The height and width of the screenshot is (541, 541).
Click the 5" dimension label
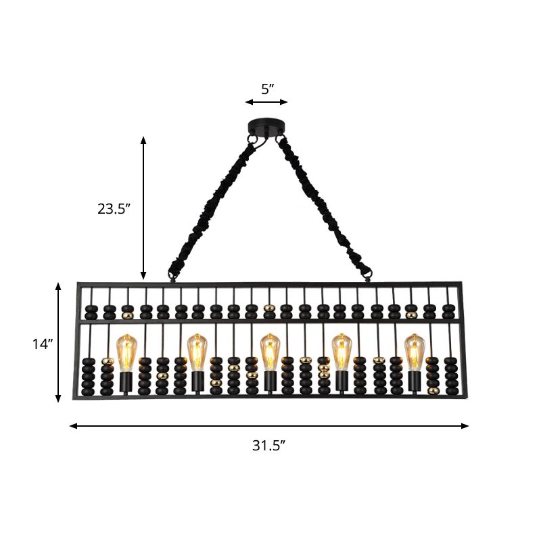(266, 88)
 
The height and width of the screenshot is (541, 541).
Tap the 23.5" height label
(113, 209)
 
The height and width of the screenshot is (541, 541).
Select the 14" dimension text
(42, 344)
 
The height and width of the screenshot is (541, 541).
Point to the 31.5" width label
(268, 445)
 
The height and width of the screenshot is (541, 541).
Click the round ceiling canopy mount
(266, 126)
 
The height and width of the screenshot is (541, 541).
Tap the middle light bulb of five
(270, 352)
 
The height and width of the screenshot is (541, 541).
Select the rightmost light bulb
(414, 352)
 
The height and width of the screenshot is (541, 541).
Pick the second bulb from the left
(197, 352)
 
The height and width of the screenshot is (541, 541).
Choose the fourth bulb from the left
(342, 352)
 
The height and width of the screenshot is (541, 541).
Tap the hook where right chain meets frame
(368, 275)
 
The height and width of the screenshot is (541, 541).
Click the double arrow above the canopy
(266, 102)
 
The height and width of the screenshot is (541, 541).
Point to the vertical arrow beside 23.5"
(143, 208)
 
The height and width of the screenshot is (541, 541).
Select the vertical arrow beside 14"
(59, 343)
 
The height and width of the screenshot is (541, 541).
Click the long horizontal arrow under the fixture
(268, 426)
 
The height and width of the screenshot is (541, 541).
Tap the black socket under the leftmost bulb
(126, 383)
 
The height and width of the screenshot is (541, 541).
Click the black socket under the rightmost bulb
(414, 382)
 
